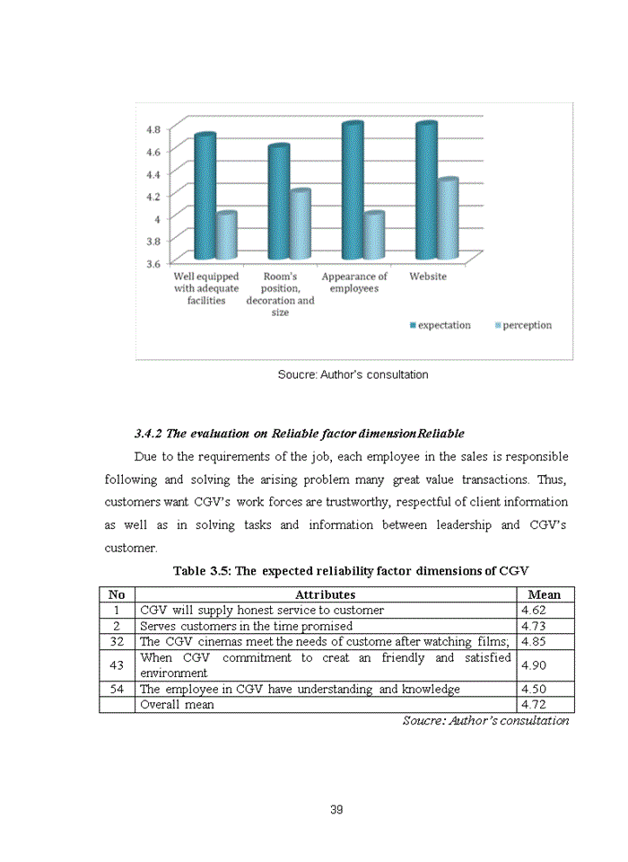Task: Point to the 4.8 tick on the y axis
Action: [153, 128]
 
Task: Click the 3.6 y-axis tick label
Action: [153, 263]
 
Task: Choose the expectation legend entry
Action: [443, 325]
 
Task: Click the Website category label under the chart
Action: [428, 277]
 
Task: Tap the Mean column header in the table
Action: [545, 594]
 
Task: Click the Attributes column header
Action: [325, 594]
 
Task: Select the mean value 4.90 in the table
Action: [534, 664]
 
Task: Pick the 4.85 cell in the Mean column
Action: [534, 641]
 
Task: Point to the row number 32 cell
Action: [117, 641]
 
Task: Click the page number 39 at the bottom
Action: [336, 810]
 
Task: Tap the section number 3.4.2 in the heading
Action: [147, 434]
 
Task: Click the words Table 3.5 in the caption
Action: [202, 571]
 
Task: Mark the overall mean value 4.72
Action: [534, 705]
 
